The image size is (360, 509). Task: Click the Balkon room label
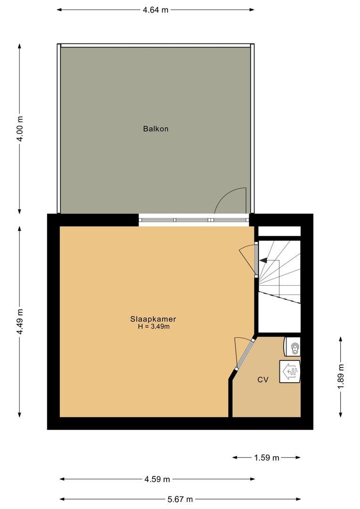155,129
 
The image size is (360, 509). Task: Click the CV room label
262,379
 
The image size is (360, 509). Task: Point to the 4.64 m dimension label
155,9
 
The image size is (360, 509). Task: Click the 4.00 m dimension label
19,129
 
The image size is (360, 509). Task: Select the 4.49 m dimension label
19,322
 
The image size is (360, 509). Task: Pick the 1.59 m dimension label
267,457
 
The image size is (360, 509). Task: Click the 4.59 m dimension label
157,479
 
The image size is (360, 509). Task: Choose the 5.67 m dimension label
180,499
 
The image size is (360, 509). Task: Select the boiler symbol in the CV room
289,372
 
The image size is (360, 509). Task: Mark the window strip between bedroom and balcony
194,220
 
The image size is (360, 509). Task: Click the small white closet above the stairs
279,231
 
